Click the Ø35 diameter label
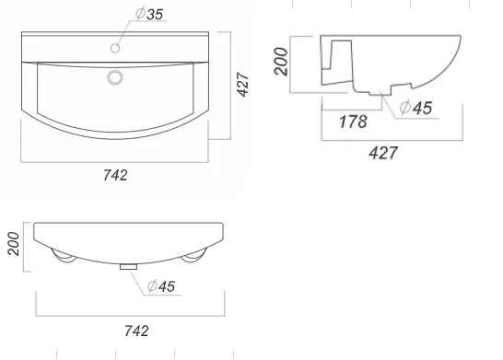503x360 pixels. click(149, 14)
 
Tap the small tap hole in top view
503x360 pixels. click(115, 48)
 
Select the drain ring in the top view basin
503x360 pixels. click(115, 77)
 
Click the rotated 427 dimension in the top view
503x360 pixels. click(243, 85)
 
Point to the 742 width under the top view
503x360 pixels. click(115, 175)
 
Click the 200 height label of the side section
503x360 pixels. click(281, 62)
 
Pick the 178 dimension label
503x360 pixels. click(353, 122)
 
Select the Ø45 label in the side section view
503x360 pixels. click(415, 108)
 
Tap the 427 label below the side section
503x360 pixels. click(383, 153)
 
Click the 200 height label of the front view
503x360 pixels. click(13, 244)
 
